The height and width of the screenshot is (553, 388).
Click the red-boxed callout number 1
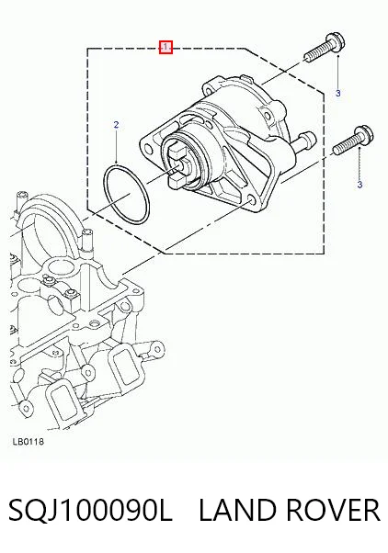pyautogui.click(x=165, y=47)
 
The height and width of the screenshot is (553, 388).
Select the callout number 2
pyautogui.click(x=116, y=125)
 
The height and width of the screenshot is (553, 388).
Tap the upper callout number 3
pyautogui.click(x=337, y=94)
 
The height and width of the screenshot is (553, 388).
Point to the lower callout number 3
pyautogui.click(x=359, y=185)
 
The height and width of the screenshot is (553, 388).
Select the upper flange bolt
pyautogui.click(x=325, y=48)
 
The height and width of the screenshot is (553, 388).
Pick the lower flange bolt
pyautogui.click(x=353, y=141)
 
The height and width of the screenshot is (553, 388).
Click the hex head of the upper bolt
pyautogui.click(x=337, y=42)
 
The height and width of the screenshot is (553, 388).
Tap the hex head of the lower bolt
pyautogui.click(x=365, y=135)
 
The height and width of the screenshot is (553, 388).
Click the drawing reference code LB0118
pyautogui.click(x=29, y=442)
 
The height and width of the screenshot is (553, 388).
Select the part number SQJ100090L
pyautogui.click(x=90, y=511)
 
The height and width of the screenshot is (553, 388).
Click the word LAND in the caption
pyautogui.click(x=237, y=511)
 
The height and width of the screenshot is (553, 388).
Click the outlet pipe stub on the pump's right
pyautogui.click(x=305, y=141)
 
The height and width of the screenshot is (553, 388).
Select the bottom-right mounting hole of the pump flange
pyautogui.click(x=251, y=201)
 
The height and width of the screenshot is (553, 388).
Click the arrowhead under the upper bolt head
pyautogui.click(x=337, y=56)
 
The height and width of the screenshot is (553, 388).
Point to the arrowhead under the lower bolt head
pyautogui.click(x=359, y=149)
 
